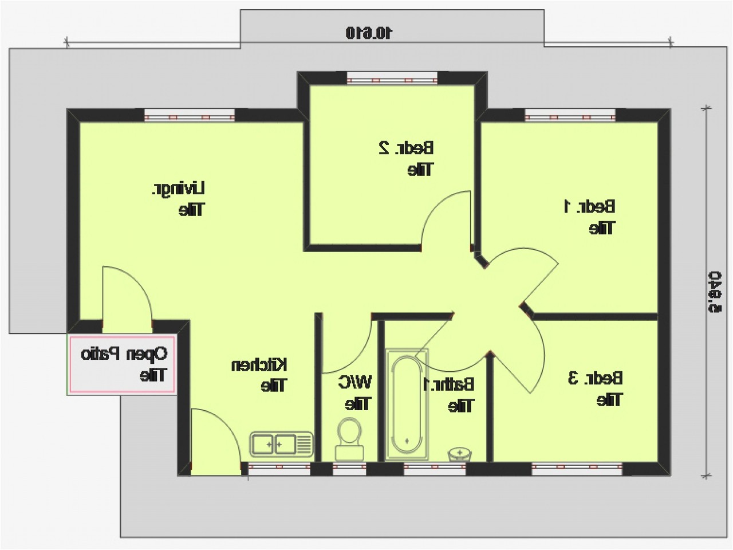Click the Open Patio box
click(x=122, y=364)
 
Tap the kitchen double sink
click(x=281, y=443)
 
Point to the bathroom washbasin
click(x=459, y=454)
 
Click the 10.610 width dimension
click(x=369, y=33)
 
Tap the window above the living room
click(x=189, y=116)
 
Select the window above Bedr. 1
click(x=570, y=116)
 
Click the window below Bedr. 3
click(x=577, y=469)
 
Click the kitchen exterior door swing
click(x=214, y=438)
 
